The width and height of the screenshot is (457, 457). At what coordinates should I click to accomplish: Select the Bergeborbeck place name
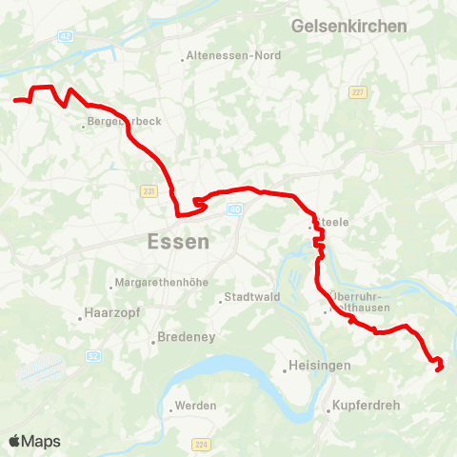[x=124, y=122]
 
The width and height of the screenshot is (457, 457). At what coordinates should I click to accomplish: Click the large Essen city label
[x=179, y=242]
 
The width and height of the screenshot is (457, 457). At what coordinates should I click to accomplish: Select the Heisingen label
[x=316, y=367]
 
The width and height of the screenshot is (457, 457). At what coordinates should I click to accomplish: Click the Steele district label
[x=332, y=223]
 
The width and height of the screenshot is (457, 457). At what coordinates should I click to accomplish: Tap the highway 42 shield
[x=65, y=36]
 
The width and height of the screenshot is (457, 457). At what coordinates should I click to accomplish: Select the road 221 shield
[x=149, y=192]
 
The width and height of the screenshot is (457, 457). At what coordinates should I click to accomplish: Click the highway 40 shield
[x=235, y=209]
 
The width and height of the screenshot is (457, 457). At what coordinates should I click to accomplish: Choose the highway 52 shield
[x=92, y=355]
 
